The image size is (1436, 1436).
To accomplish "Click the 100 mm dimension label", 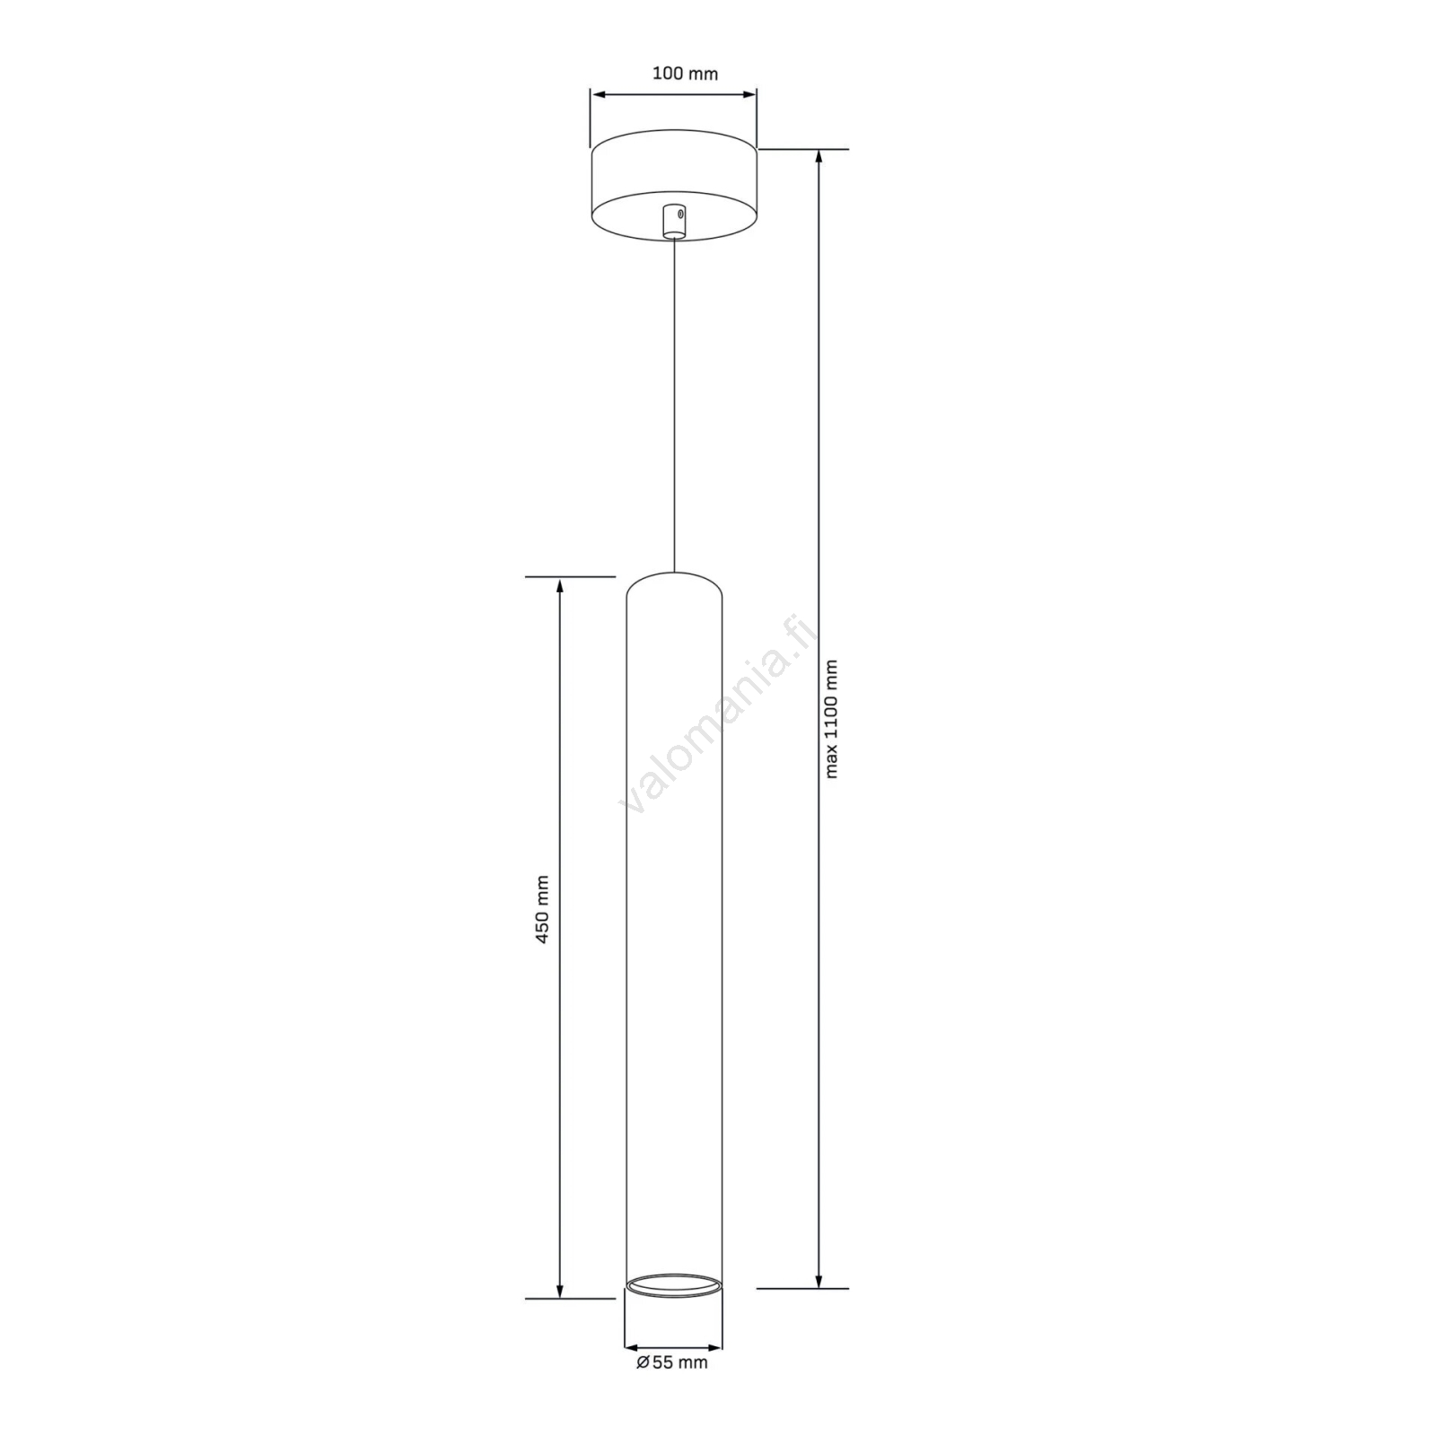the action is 685,74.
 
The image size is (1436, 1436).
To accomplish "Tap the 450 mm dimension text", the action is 542,909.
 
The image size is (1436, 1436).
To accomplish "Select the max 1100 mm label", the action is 831,719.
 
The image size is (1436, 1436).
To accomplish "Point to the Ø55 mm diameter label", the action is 672,1388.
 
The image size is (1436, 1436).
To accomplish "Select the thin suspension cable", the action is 673,405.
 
